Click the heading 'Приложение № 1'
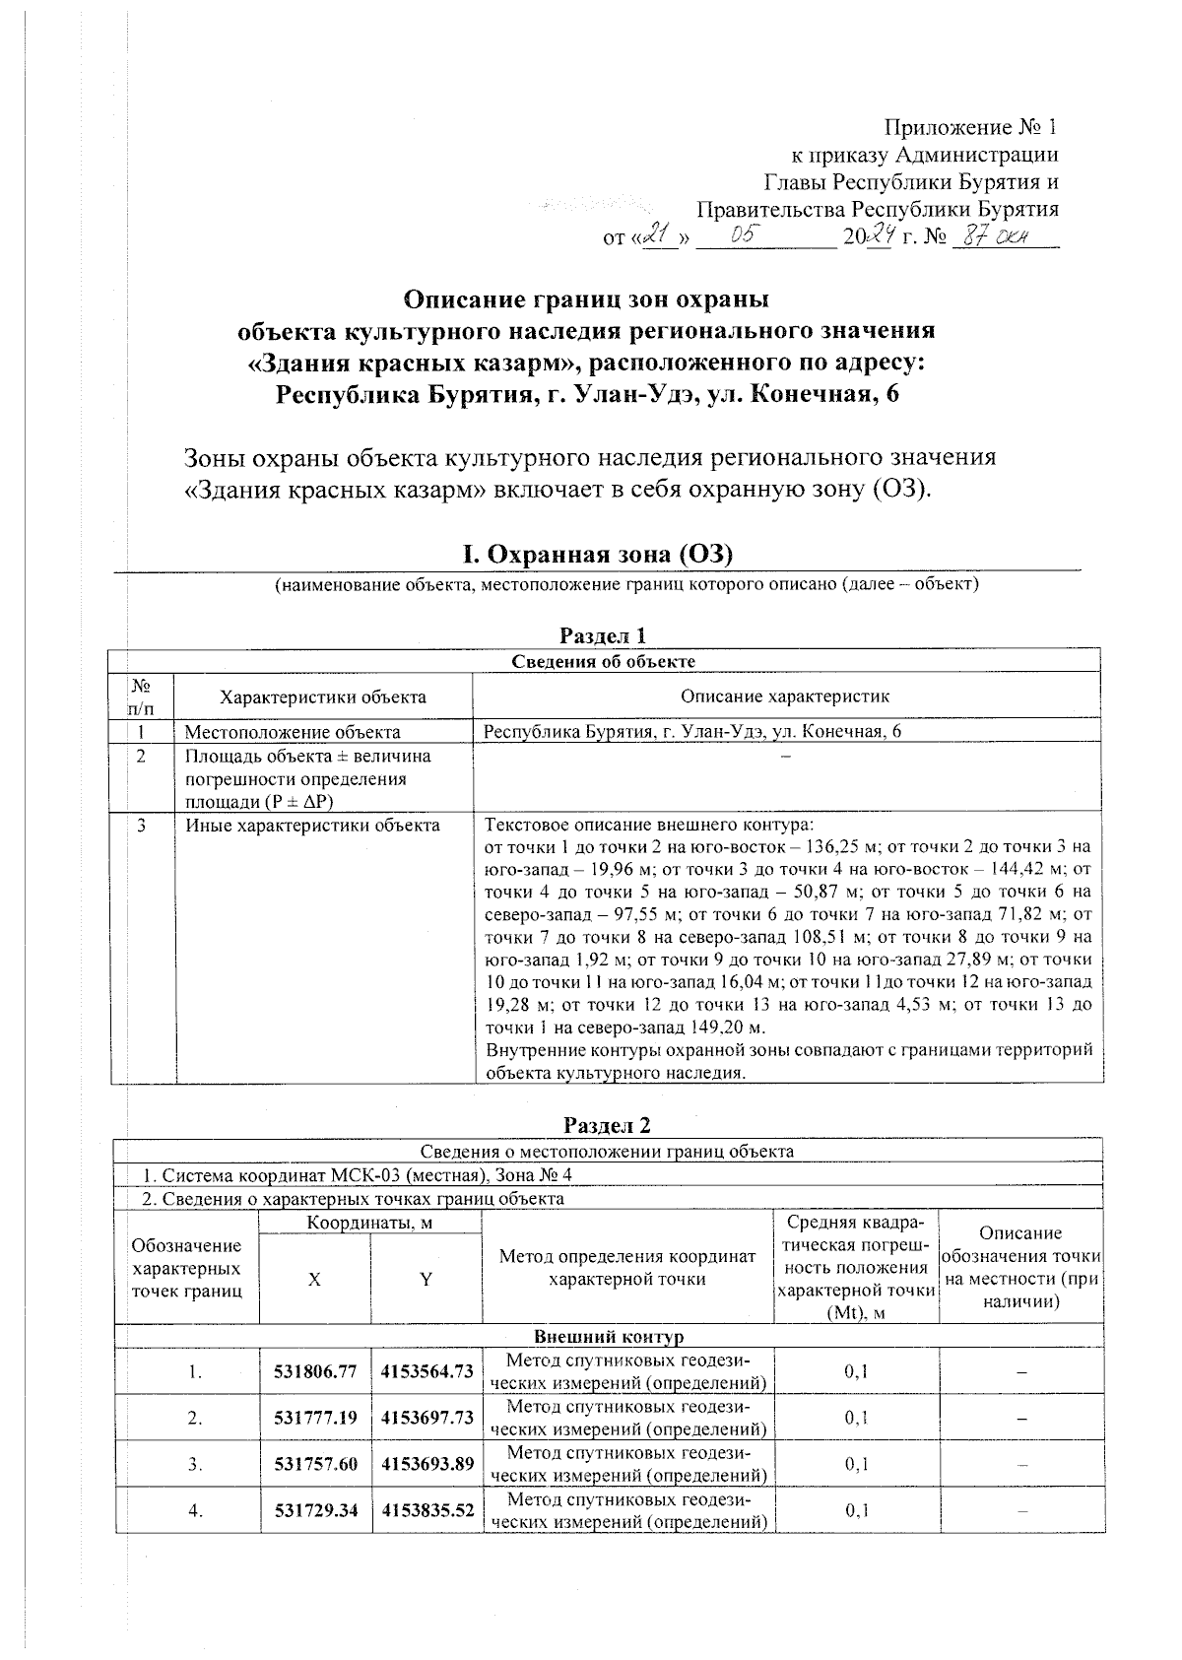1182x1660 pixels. [970, 127]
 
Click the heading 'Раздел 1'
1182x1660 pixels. [604, 635]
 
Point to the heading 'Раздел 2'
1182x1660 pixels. [607, 1125]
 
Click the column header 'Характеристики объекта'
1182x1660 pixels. [323, 697]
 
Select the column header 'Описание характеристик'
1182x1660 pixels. [785, 697]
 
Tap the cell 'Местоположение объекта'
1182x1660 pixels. [293, 732]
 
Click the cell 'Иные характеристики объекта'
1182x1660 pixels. [312, 826]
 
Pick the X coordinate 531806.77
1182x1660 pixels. [315, 1370]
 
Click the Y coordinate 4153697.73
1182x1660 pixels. [427, 1418]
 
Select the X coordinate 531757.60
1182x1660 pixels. [315, 1464]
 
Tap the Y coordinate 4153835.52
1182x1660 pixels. [427, 1510]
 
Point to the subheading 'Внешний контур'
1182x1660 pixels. [608, 1337]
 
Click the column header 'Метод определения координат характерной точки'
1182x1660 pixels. [627, 1267]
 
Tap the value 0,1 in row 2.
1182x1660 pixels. [856, 1418]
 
